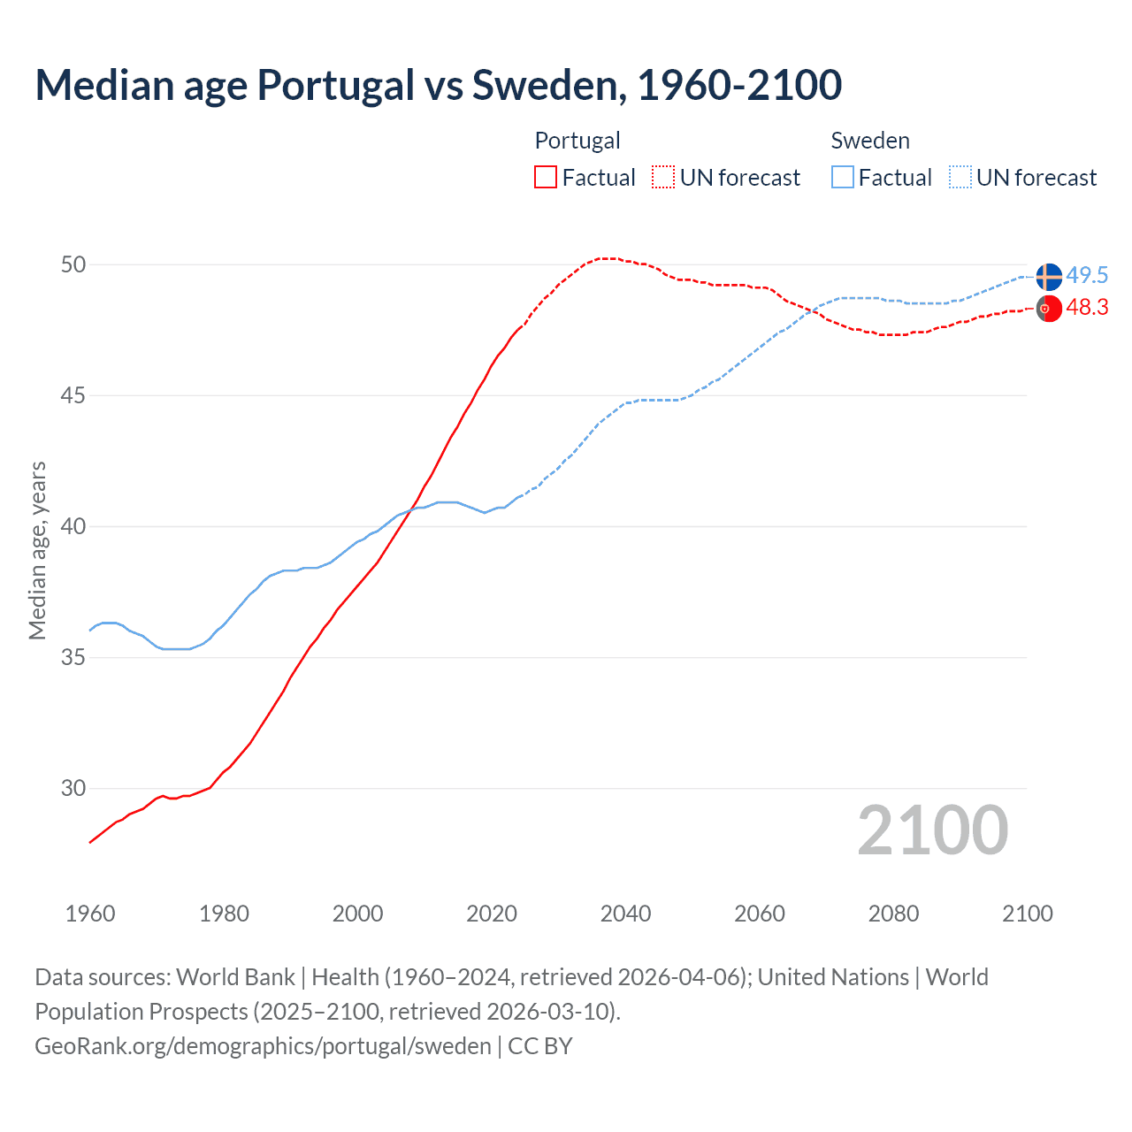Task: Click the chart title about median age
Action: tap(438, 85)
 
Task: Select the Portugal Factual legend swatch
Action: tap(546, 177)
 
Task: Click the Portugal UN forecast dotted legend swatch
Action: tap(663, 177)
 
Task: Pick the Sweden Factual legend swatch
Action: tap(843, 177)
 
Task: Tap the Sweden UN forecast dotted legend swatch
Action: tap(960, 177)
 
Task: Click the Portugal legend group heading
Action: tap(577, 141)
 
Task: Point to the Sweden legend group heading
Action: tap(870, 141)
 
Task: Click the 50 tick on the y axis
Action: tap(73, 264)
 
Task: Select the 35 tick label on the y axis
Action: tap(73, 657)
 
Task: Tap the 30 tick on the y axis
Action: tap(73, 788)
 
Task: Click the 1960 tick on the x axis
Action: tap(90, 914)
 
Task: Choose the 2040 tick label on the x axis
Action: tap(625, 914)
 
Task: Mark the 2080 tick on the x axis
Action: tap(893, 914)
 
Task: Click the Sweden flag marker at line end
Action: tap(1049, 276)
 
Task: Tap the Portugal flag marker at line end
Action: tap(1049, 309)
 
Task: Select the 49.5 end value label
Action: tap(1087, 275)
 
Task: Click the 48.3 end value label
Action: tap(1087, 307)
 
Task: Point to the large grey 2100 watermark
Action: tap(933, 830)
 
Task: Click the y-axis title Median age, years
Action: tap(37, 550)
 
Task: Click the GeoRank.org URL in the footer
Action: tap(263, 1046)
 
